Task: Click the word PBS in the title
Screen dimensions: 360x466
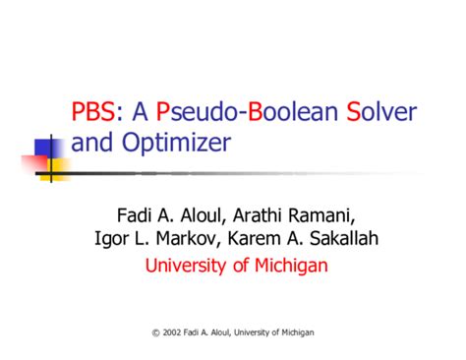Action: pos(93,111)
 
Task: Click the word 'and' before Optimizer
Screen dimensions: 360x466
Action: pos(91,144)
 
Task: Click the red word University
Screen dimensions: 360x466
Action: pos(184,266)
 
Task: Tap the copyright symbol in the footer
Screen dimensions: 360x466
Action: pos(155,334)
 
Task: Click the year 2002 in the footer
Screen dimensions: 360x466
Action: pos(171,334)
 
